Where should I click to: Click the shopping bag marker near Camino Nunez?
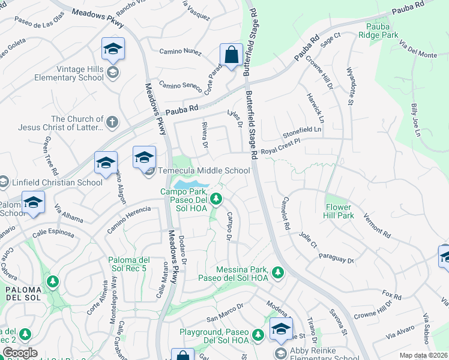231,55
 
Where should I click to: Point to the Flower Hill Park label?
346,211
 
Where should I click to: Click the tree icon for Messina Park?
277,273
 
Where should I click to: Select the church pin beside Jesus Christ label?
112,123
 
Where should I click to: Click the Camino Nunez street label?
180,52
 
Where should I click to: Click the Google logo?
20,353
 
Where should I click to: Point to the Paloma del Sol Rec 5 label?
128,264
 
